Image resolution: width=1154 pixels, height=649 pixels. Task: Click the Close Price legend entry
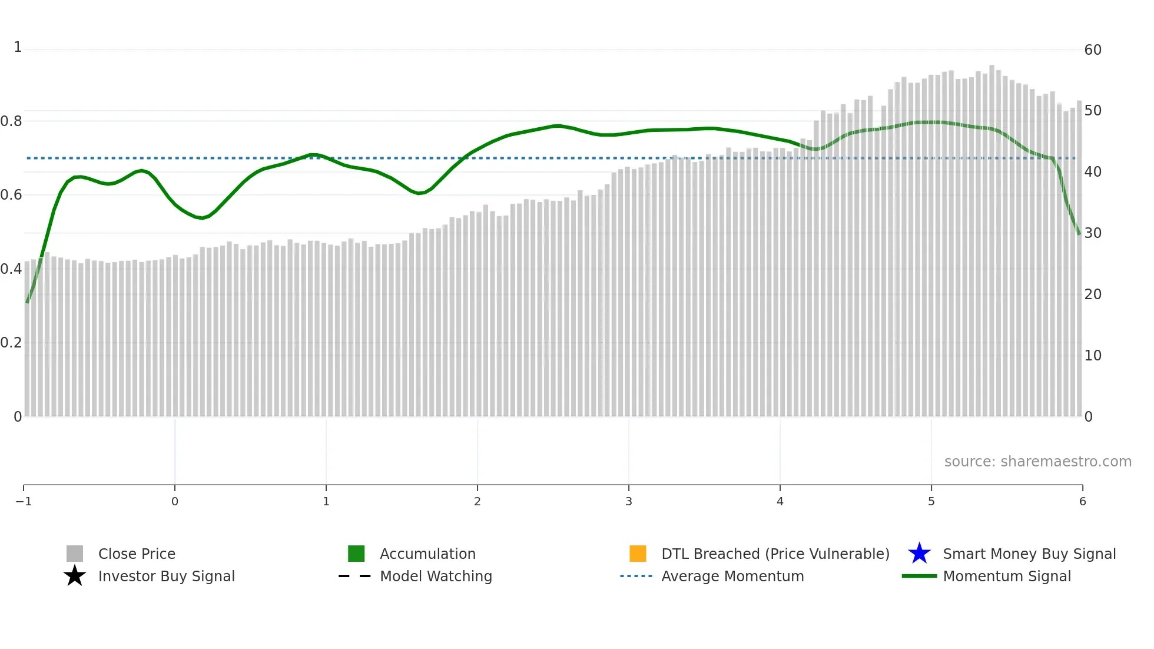coord(137,554)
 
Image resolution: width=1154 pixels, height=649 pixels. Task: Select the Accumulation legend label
coord(427,554)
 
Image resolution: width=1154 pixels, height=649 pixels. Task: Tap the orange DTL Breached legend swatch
coord(638,554)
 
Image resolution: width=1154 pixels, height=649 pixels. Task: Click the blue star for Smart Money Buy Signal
coord(919,554)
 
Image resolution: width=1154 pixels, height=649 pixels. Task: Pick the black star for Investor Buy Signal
coord(75,576)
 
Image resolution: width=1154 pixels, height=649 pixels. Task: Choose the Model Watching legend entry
coord(436,577)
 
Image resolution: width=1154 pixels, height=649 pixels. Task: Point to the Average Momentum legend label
coord(732,577)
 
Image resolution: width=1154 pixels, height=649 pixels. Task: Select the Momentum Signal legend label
coord(1007,577)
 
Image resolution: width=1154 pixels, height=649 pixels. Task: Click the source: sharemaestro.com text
coord(1037,462)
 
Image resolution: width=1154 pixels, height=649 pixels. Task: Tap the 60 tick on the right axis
coord(1093,50)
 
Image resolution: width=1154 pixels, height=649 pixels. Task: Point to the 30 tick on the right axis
coord(1093,233)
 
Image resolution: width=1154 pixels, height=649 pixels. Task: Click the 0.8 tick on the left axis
coord(11,121)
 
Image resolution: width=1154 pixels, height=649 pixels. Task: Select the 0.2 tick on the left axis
coord(11,343)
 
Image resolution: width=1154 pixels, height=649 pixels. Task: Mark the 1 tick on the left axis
coord(18,47)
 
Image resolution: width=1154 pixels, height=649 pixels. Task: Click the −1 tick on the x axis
coord(24,502)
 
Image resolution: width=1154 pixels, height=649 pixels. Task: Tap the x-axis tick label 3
coord(629,502)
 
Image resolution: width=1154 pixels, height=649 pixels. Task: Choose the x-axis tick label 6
coord(1082,502)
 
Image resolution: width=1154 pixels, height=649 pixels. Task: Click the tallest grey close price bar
coord(992,236)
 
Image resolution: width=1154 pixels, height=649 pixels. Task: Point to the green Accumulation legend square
coord(356,554)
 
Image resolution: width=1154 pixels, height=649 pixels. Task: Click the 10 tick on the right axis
coord(1093,356)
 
